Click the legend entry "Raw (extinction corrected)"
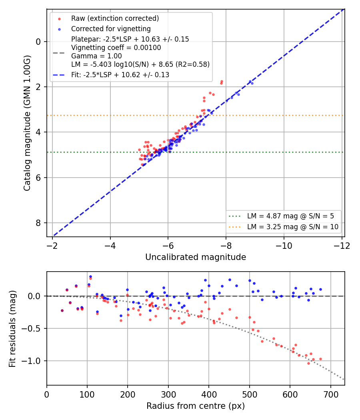[115, 18]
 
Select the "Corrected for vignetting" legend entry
[111, 29]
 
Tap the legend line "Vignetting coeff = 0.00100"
[116, 48]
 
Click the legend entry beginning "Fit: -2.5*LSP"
[120, 75]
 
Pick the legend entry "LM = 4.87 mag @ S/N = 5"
[290, 216]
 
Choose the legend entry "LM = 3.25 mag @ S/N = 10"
[293, 227]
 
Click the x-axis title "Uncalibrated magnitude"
[196, 257]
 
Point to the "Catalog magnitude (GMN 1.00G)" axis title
[27, 123]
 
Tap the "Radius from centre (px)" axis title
[196, 406]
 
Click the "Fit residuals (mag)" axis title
[12, 329]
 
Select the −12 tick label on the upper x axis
[342, 246]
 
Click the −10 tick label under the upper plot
[284, 246]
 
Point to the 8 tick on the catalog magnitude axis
[38, 223]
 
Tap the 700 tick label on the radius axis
[331, 394]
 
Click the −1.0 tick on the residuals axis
[31, 361]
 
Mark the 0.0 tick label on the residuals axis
[34, 296]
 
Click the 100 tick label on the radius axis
[87, 394]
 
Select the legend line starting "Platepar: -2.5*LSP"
[130, 39]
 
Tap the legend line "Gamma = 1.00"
[96, 56]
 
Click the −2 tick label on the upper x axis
[52, 246]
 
